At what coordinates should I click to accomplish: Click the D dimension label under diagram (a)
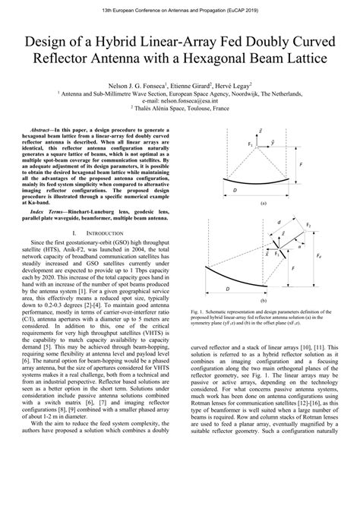point(235,190)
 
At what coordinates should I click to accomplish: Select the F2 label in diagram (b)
point(308,225)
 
